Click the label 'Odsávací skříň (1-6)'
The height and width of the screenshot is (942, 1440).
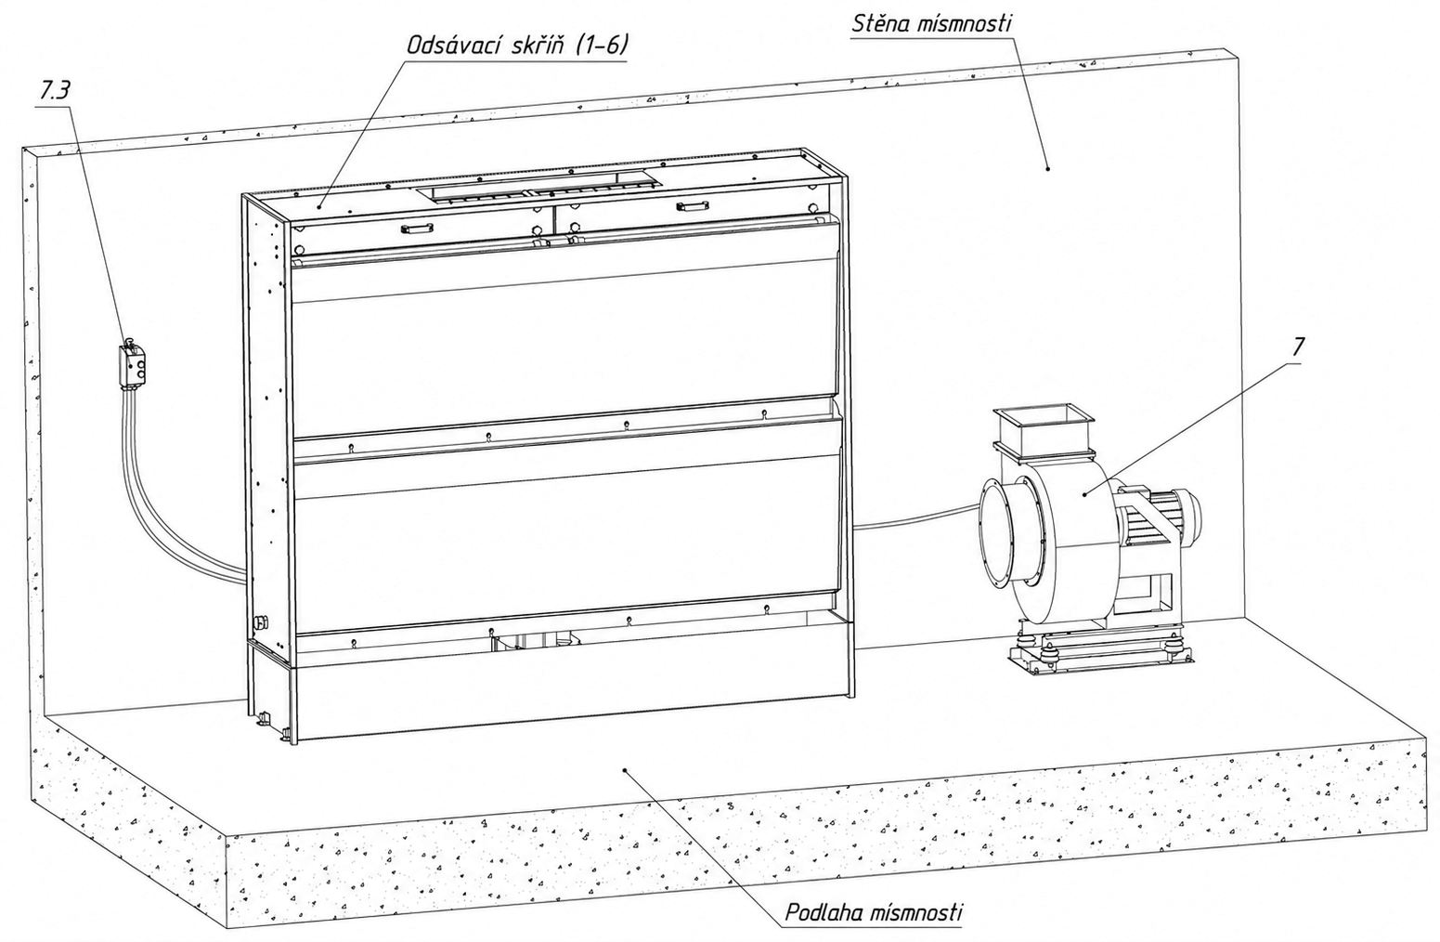517,46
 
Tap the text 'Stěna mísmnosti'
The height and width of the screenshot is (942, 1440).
931,24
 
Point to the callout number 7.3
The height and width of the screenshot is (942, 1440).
55,92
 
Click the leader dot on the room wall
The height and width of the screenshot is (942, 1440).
1048,169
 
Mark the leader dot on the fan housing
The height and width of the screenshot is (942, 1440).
1084,494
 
